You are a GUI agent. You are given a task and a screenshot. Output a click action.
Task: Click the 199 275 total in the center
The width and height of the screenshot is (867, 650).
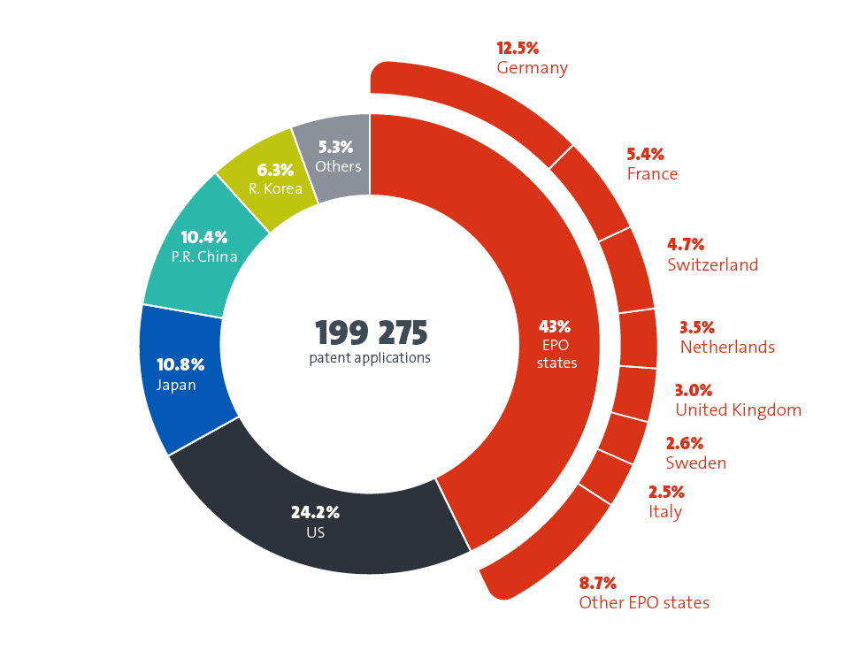(371, 333)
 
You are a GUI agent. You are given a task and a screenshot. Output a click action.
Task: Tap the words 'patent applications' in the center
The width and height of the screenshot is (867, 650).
(370, 358)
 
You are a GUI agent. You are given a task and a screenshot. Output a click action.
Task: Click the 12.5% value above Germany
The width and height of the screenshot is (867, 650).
(518, 48)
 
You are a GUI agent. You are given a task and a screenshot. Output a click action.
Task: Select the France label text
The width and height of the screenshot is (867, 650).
(652, 174)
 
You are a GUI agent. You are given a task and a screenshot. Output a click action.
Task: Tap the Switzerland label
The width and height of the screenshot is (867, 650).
(713, 264)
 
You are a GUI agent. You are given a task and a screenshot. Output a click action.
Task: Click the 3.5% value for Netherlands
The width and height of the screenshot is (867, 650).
(697, 327)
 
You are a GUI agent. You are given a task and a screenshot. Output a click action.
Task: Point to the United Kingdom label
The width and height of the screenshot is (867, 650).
(738, 409)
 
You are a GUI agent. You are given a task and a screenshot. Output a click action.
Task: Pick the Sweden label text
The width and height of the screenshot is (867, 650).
(695, 463)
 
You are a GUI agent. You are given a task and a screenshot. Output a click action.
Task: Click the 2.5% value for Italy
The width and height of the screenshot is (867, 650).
(666, 492)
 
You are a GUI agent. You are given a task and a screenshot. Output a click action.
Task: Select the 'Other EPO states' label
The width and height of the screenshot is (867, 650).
(644, 603)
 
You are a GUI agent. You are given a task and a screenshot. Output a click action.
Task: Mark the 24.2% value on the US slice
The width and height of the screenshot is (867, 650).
(315, 512)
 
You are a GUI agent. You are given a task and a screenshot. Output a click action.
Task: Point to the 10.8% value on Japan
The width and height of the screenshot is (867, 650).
(180, 364)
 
